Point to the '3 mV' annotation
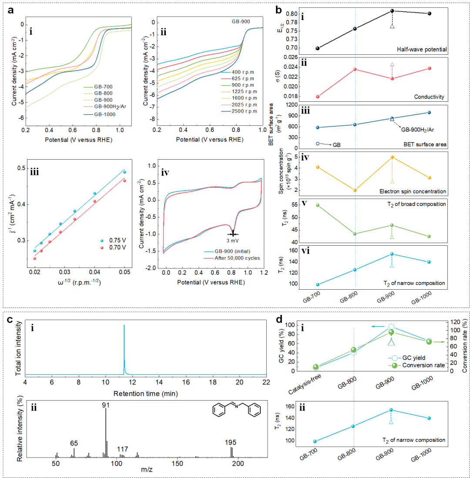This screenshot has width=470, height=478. pos(233,240)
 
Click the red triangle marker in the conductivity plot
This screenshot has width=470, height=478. pos(392,64)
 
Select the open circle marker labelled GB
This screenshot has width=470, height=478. pos(318,144)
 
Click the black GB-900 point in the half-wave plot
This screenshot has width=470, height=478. pos(392,11)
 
